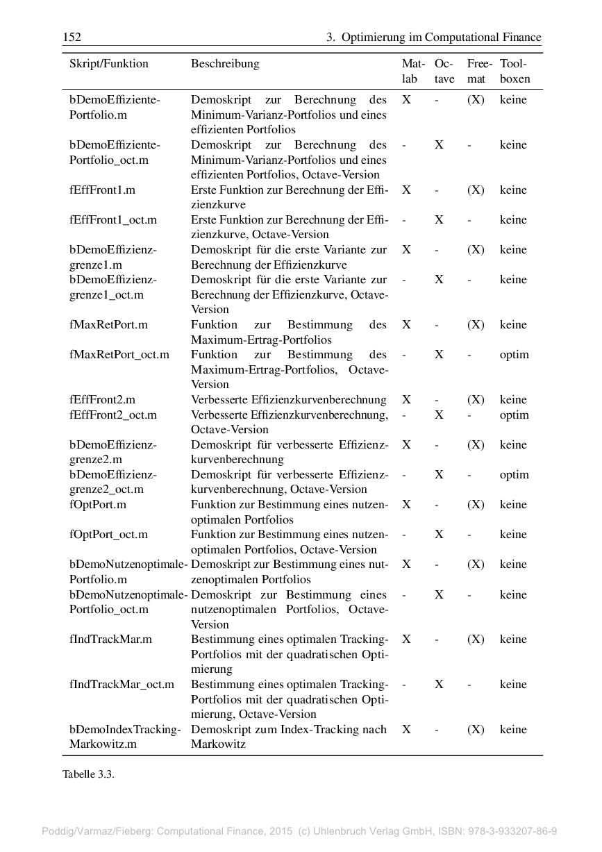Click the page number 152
tap(72, 37)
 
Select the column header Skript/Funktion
tap(109, 63)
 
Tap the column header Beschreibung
tap(225, 63)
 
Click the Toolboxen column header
tap(515, 71)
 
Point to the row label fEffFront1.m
tap(102, 190)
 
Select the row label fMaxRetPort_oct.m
tap(119, 354)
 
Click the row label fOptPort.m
tap(98, 504)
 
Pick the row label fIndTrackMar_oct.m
tap(122, 684)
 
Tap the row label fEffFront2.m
tap(102, 399)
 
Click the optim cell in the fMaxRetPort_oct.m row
tap(514, 354)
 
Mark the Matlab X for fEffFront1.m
tap(406, 190)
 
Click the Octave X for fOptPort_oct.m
tap(439, 534)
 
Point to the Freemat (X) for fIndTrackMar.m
tap(476, 639)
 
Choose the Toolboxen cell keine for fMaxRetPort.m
tap(513, 324)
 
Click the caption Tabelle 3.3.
tap(88, 774)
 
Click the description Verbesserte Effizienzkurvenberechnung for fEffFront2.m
tap(289, 399)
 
